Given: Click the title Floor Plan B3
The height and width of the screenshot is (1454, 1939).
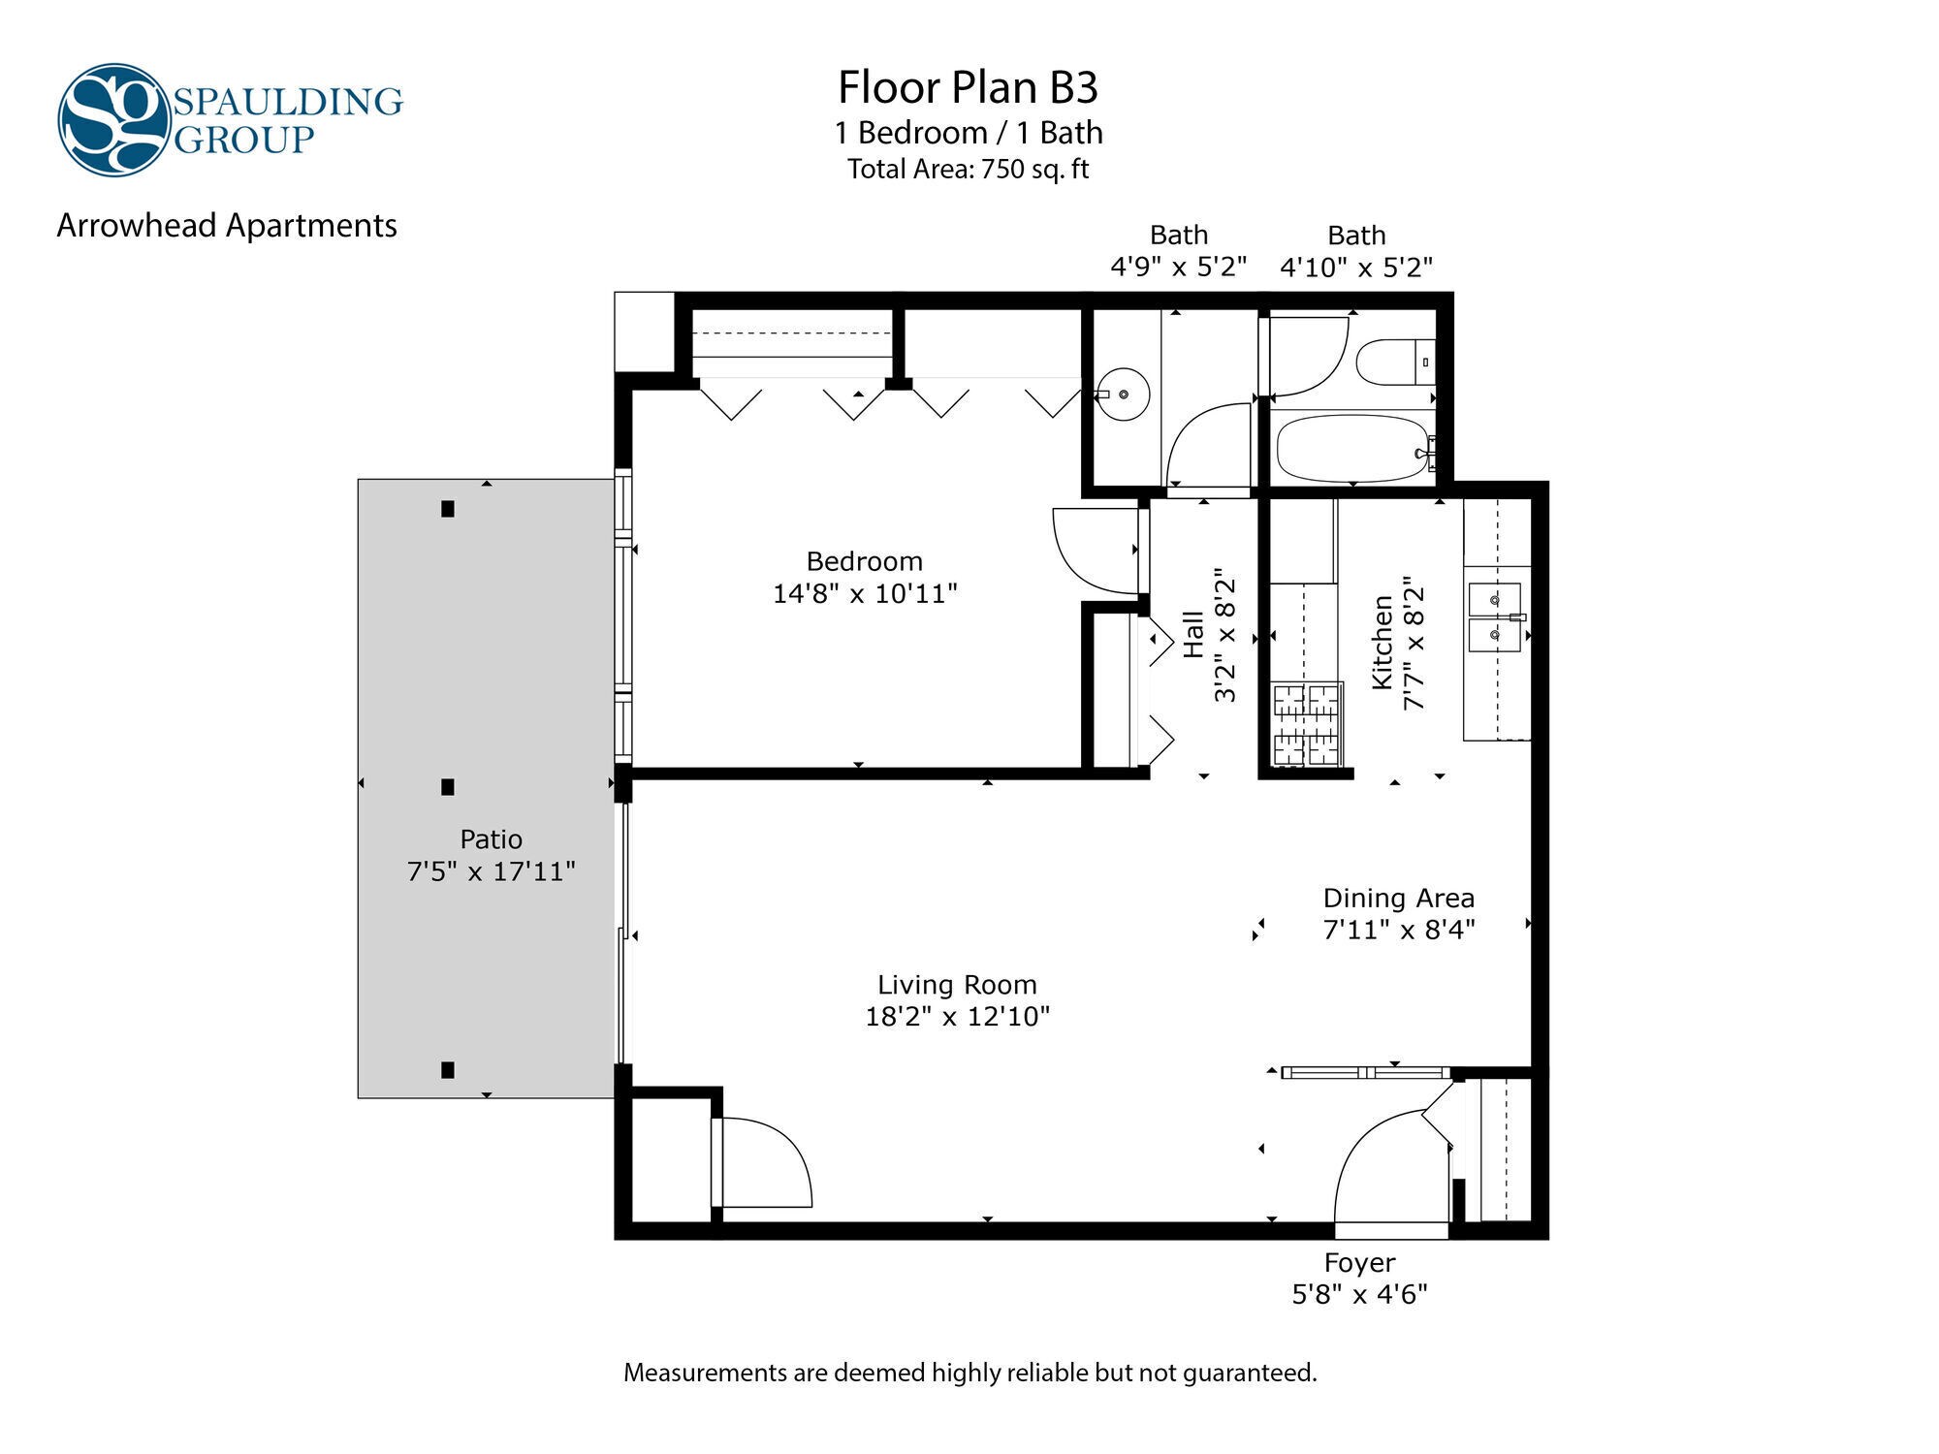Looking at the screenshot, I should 968,87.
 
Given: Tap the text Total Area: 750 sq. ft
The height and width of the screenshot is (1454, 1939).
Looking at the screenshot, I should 968,170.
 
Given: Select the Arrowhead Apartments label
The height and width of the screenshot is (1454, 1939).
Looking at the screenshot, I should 227,226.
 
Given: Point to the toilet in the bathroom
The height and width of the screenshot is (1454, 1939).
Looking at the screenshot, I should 1393,363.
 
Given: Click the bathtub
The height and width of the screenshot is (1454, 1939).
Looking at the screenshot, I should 1351,449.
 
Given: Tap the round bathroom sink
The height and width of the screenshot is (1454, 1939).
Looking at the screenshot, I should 1124,395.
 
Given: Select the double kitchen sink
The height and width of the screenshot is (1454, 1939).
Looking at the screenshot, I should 1494,616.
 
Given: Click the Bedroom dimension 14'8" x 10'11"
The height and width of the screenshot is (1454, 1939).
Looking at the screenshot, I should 865,593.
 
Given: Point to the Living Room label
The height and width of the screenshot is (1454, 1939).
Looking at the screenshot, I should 957,985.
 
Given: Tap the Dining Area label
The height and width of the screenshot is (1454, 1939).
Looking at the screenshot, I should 1398,899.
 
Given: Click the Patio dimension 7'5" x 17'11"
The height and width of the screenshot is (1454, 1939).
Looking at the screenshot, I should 491,871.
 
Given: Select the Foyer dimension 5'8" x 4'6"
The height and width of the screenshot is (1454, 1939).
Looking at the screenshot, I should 1359,1294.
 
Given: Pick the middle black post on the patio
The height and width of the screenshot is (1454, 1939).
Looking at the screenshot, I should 447,787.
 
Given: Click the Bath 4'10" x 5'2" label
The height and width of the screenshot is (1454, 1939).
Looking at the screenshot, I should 1355,251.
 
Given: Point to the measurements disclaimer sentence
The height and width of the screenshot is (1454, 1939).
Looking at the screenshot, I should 969,1373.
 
